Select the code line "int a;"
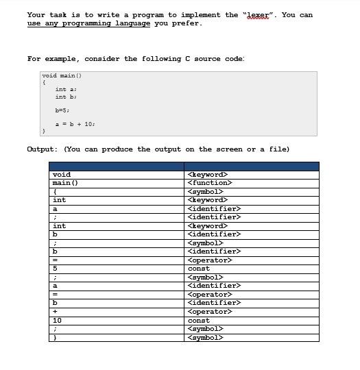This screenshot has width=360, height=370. [66, 90]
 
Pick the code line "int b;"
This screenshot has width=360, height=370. [66, 97]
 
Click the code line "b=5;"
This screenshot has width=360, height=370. [62, 110]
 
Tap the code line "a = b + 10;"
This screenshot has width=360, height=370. [75, 124]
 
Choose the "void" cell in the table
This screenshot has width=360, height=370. [62, 175]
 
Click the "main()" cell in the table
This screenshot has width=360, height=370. [65, 183]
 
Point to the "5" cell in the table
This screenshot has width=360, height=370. [56, 269]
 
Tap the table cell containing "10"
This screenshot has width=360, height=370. [57, 320]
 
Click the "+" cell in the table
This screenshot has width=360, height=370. [55, 312]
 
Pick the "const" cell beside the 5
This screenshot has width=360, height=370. [199, 269]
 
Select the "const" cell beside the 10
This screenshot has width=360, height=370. [199, 320]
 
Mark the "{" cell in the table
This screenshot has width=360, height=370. [55, 192]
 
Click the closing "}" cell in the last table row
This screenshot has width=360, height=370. [55, 337]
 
